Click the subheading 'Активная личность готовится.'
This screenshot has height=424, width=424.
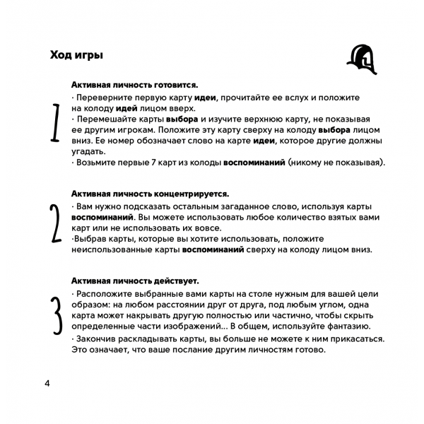(x=134, y=84)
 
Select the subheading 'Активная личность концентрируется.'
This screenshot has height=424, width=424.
(x=151, y=194)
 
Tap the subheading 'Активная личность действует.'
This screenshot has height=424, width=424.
(x=135, y=281)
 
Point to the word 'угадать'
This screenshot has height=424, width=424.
(x=88, y=151)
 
